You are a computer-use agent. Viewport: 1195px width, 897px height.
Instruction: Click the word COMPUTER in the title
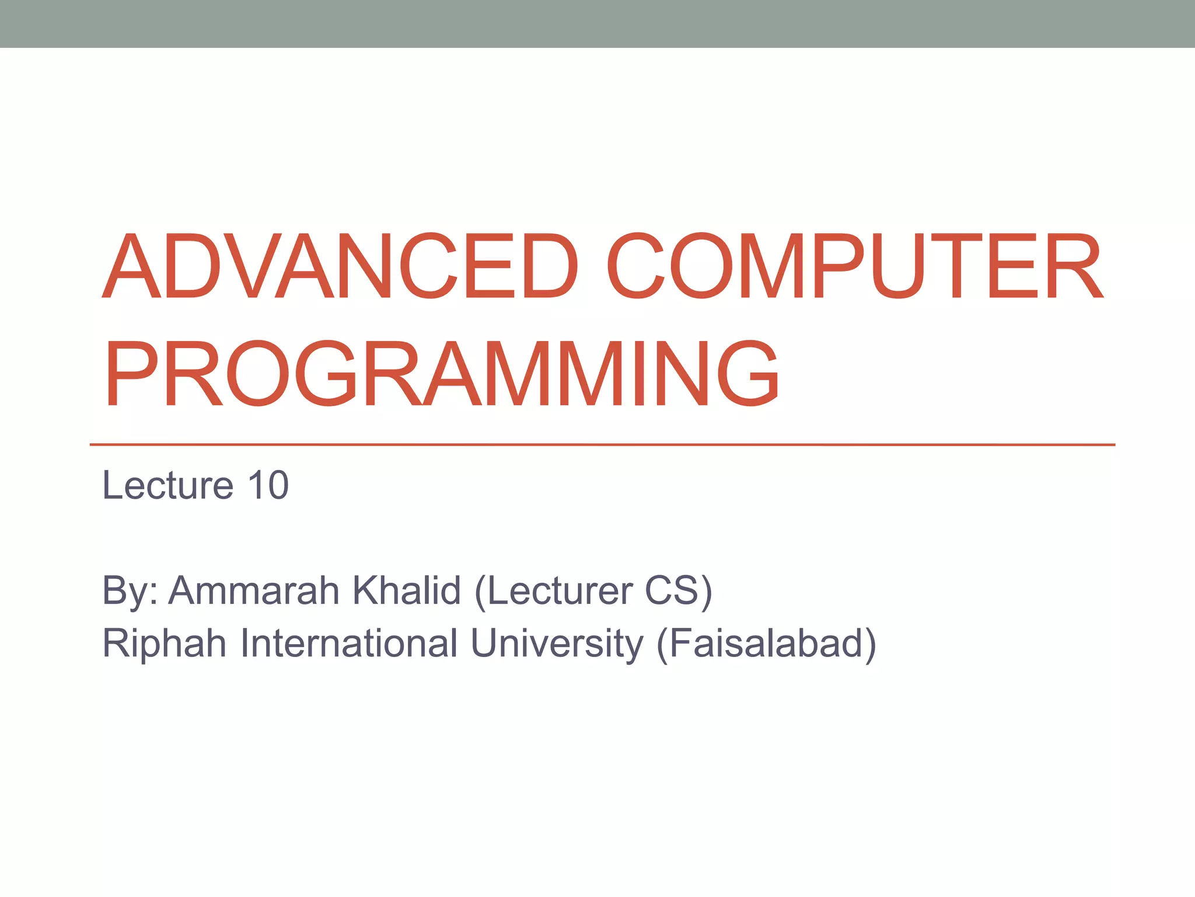(855, 266)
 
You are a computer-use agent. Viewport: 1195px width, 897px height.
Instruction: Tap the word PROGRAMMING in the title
(441, 374)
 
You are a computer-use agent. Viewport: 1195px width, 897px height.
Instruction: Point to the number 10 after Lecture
(268, 485)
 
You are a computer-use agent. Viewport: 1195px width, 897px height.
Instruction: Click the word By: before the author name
(130, 591)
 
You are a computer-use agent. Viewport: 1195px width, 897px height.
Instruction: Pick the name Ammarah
(254, 591)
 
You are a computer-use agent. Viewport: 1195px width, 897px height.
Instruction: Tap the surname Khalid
(407, 591)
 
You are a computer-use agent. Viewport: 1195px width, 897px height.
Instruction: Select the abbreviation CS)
(679, 591)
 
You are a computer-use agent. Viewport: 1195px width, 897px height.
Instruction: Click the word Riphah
(164, 644)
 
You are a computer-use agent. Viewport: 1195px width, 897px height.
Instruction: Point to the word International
(349, 644)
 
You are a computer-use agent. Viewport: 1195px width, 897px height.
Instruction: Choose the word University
(557, 644)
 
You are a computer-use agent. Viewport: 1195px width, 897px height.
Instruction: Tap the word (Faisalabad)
(766, 644)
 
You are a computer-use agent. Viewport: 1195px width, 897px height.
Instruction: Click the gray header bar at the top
(597, 23)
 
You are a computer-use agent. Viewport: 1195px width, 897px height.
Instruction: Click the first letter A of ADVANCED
(131, 266)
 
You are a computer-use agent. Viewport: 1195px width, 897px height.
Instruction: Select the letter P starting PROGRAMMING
(132, 374)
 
